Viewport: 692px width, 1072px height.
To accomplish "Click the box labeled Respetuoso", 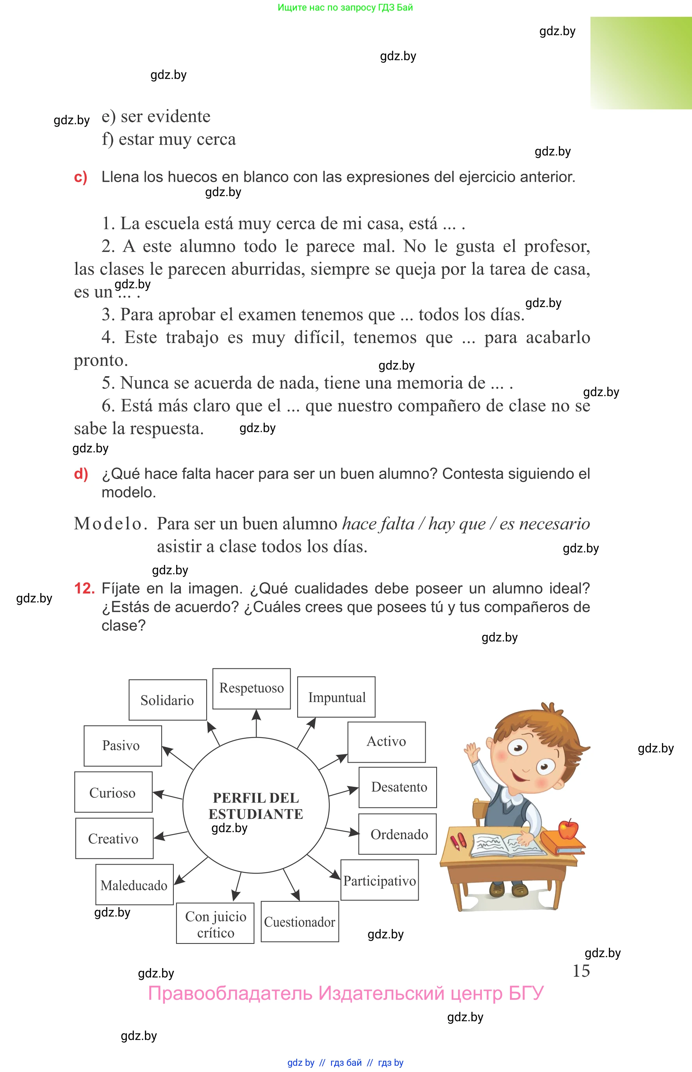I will pyautogui.click(x=251, y=688).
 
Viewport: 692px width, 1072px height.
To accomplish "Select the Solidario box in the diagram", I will pyautogui.click(x=168, y=700).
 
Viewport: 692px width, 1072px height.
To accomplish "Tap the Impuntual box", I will pyautogui.click(x=336, y=697).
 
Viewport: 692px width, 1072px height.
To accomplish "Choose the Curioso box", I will pyautogui.click(x=113, y=792).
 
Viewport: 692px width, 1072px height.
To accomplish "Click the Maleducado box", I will pyautogui.click(x=134, y=884).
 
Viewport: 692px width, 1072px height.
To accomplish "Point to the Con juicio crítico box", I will pyautogui.click(x=215, y=923).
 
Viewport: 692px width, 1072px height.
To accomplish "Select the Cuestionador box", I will pyautogui.click(x=299, y=922).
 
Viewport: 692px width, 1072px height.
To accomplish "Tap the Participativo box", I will pyautogui.click(x=379, y=880).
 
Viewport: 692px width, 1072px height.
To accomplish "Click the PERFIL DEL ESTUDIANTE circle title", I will pyautogui.click(x=256, y=806).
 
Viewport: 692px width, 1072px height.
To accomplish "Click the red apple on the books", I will pyautogui.click(x=568, y=829).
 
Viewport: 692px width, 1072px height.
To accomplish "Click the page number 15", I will pyautogui.click(x=581, y=971).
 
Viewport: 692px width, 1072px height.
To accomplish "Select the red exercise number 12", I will pyautogui.click(x=84, y=588).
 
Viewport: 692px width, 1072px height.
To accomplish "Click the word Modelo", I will pyautogui.click(x=110, y=523).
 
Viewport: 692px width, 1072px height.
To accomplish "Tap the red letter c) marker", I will pyautogui.click(x=80, y=177).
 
